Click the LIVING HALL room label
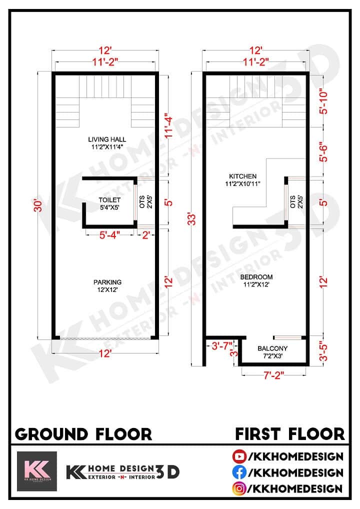tap(107, 139)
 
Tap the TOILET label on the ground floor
tap(109, 200)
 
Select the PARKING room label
tap(107, 282)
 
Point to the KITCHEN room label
tap(242, 176)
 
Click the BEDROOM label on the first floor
tap(256, 277)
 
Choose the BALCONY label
tap(272, 348)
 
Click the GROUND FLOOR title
tap(83, 433)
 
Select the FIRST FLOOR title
tap(290, 433)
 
